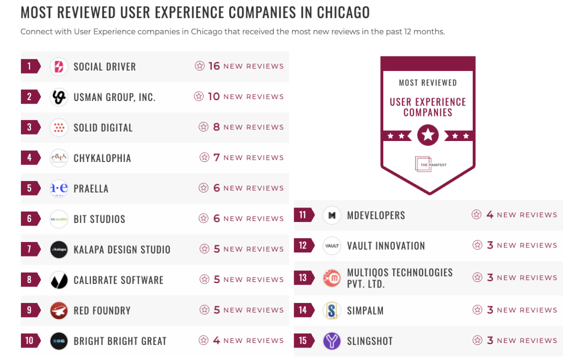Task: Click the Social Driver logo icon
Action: click(59, 66)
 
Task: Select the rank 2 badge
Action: click(29, 97)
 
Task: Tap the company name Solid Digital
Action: click(103, 127)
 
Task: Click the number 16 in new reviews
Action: click(214, 66)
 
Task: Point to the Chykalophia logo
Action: click(59, 158)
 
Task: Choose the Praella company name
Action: click(91, 188)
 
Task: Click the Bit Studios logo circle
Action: click(59, 219)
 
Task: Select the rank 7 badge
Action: click(29, 249)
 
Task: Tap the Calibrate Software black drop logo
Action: click(59, 280)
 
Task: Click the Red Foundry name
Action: click(102, 310)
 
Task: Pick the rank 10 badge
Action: click(29, 341)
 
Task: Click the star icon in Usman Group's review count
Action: click(199, 96)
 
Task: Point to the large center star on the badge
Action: click(428, 135)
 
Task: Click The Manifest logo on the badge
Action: click(424, 164)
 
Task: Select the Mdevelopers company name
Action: click(376, 215)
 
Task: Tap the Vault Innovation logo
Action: click(332, 246)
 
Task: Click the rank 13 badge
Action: click(303, 277)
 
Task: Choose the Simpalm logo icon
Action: click(332, 310)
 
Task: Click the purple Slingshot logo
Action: click(332, 341)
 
